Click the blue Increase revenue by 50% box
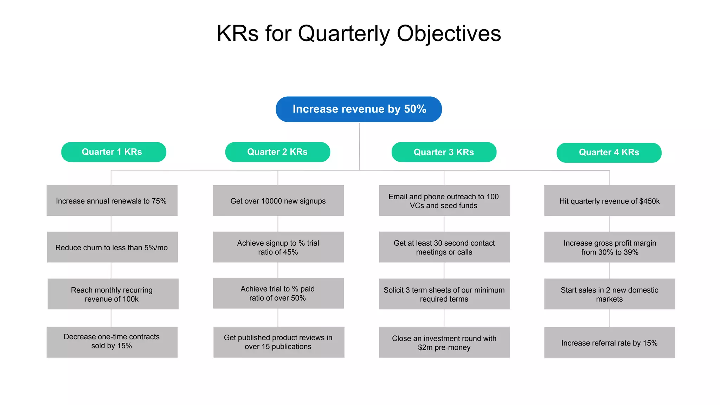tap(359, 109)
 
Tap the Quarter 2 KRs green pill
tap(277, 152)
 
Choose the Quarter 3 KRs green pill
tap(444, 152)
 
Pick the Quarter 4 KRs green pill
tap(609, 153)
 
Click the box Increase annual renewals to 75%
tap(112, 201)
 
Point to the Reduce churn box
tap(112, 247)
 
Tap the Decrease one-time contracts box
tap(112, 342)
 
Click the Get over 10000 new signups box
tap(278, 201)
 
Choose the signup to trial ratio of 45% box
tap(278, 247)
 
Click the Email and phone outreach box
tap(444, 201)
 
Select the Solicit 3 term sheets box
tap(444, 294)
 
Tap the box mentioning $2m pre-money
tap(444, 342)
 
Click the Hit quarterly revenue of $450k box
tap(610, 201)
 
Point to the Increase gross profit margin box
tap(610, 247)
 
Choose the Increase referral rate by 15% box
tap(610, 343)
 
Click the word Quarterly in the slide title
tap(344, 34)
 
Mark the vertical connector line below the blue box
tap(359, 146)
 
